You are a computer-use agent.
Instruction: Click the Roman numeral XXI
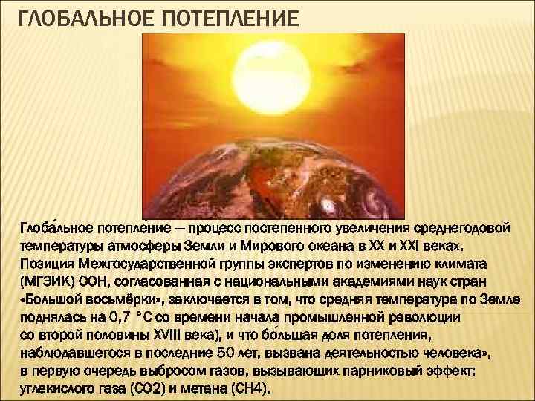(406, 246)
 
